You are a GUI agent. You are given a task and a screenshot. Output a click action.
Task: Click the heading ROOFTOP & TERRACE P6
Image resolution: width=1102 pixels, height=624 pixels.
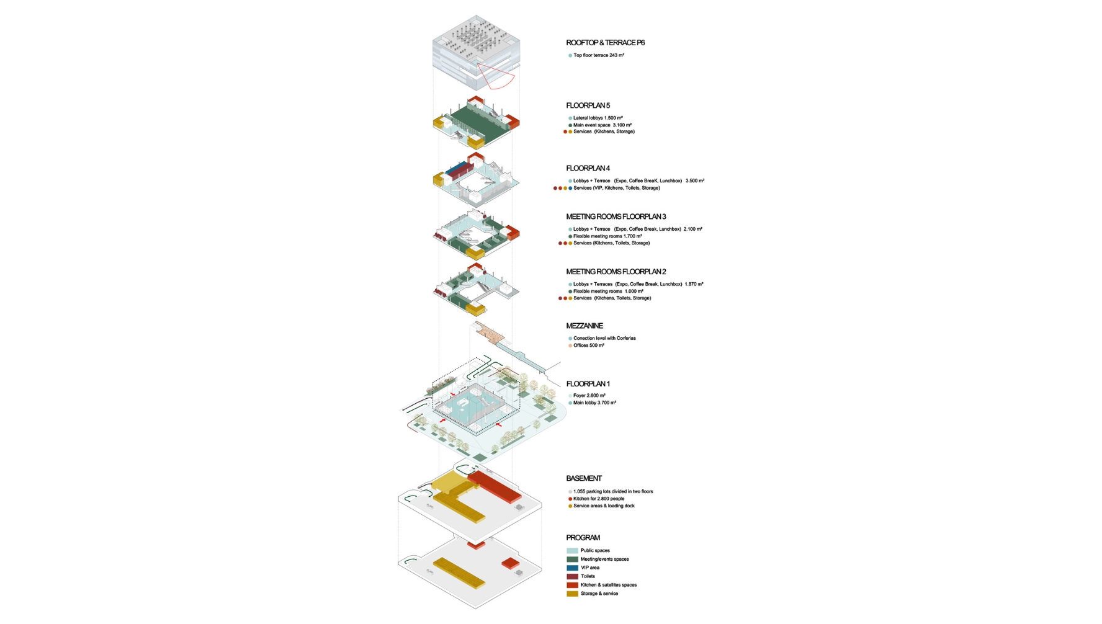pyautogui.click(x=605, y=43)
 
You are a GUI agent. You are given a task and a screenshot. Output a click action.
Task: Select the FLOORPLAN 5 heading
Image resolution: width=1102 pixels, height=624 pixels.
pyautogui.click(x=588, y=105)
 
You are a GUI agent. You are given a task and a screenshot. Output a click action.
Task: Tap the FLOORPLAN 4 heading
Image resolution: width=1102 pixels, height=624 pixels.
pyautogui.click(x=588, y=168)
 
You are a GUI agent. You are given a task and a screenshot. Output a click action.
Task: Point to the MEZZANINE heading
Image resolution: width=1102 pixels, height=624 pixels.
pyautogui.click(x=584, y=326)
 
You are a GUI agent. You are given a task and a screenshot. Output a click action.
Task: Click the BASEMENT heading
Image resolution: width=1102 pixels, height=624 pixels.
pyautogui.click(x=583, y=478)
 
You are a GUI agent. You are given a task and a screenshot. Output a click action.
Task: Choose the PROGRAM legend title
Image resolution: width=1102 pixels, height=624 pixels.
pyautogui.click(x=583, y=538)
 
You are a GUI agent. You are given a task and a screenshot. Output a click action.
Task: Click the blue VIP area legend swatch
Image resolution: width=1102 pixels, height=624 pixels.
pyautogui.click(x=572, y=568)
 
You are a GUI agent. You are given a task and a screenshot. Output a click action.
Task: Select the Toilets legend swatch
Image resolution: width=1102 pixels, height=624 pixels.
pyautogui.click(x=572, y=576)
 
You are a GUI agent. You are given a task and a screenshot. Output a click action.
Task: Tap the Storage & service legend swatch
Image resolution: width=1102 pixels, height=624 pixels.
pyautogui.click(x=572, y=594)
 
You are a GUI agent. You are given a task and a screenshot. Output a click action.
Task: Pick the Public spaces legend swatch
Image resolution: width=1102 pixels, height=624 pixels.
pyautogui.click(x=572, y=551)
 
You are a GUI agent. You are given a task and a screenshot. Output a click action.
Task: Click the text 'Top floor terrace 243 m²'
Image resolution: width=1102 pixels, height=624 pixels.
pyautogui.click(x=598, y=55)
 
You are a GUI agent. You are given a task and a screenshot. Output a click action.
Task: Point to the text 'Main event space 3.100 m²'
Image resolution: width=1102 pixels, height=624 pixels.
pyautogui.click(x=602, y=125)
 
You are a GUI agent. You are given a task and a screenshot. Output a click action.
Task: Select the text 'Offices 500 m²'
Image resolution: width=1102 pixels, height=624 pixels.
pyautogui.click(x=588, y=345)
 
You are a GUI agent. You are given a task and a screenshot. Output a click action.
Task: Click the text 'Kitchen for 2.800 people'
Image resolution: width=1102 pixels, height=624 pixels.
pyautogui.click(x=598, y=499)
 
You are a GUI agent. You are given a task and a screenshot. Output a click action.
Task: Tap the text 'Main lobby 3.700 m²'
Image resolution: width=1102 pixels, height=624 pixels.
pyautogui.click(x=594, y=403)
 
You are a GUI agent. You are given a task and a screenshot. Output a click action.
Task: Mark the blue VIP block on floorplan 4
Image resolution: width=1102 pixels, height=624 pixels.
pyautogui.click(x=457, y=167)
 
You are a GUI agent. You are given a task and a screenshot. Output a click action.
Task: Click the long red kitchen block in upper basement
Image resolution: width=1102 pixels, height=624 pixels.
pyautogui.click(x=496, y=486)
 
